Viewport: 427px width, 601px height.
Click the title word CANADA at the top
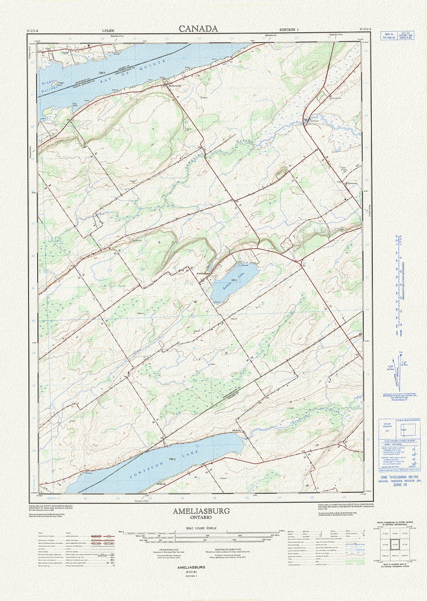[x=198, y=29]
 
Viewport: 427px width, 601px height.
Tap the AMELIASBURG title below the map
[x=201, y=511]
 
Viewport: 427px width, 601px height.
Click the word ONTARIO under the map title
[x=201, y=517]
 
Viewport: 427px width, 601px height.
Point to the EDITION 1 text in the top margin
[x=289, y=30]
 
